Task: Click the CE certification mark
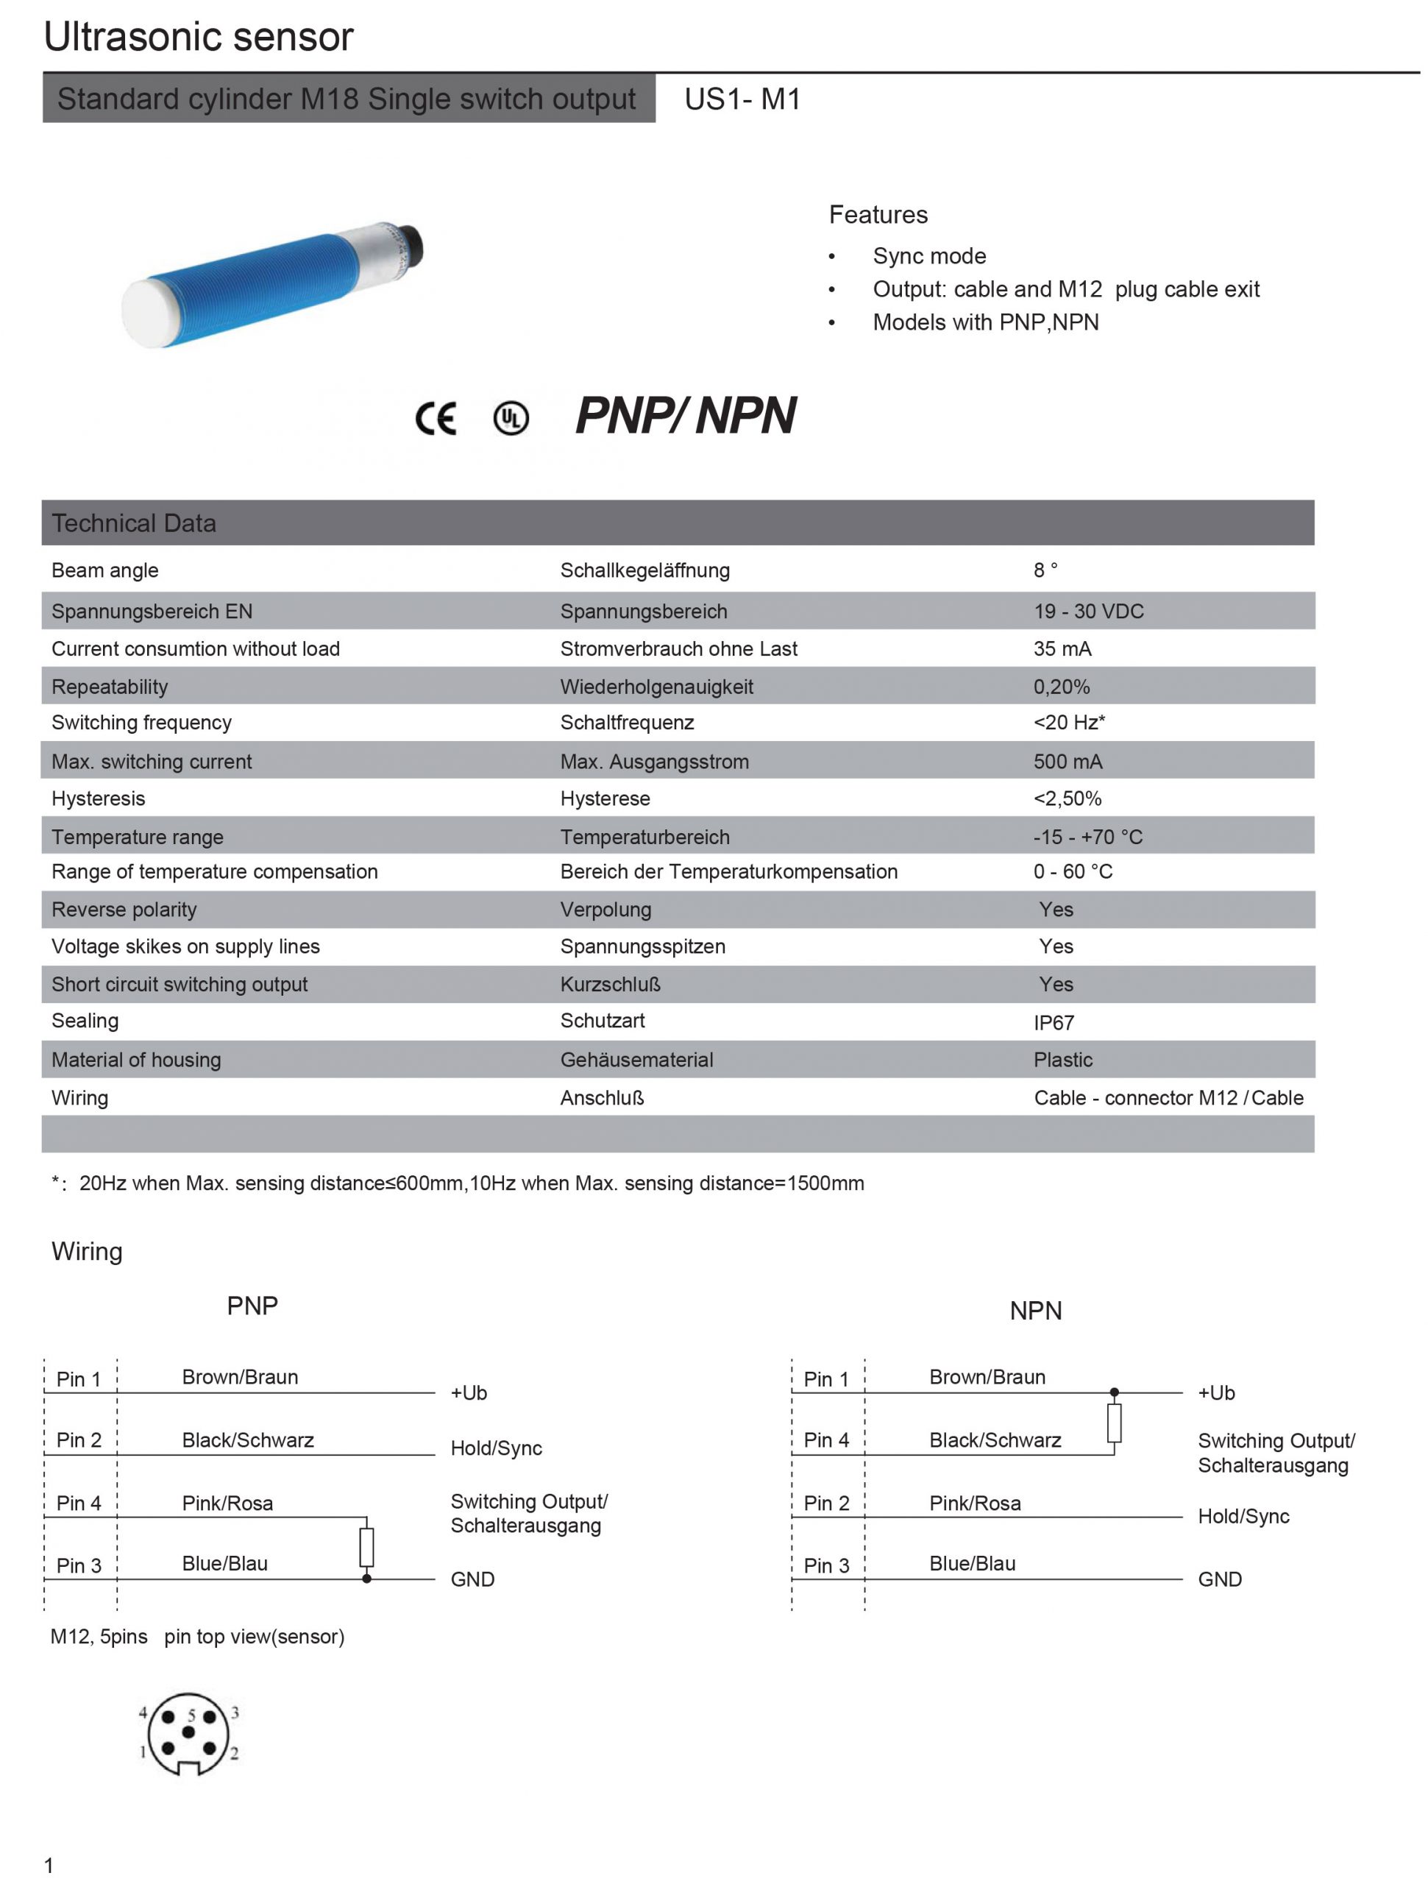coord(435,417)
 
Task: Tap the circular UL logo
coord(511,417)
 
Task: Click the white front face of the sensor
coord(147,313)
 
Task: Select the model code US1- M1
coord(742,99)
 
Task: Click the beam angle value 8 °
coord(1045,570)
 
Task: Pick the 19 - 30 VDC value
coord(1087,611)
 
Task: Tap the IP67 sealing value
coord(1054,1022)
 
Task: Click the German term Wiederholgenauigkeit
coord(656,686)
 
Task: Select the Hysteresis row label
coord(98,798)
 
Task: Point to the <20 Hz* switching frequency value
coord(1069,722)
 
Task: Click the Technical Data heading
coord(134,523)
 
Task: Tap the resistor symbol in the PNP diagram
coord(366,1548)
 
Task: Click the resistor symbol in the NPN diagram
coord(1114,1423)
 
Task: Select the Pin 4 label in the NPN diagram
coord(826,1439)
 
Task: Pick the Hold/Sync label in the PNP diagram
coord(496,1448)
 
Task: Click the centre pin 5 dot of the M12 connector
coord(188,1732)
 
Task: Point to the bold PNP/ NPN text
coord(685,416)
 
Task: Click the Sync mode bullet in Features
coord(929,255)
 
